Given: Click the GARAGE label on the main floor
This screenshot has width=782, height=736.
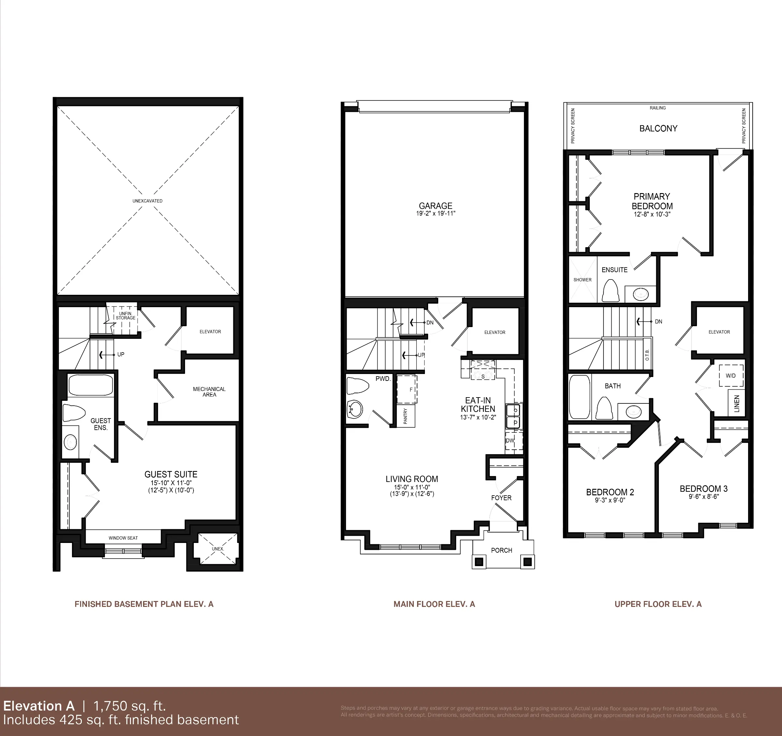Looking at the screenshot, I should [x=435, y=206].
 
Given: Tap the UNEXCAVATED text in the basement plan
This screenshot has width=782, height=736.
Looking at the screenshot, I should [x=148, y=201].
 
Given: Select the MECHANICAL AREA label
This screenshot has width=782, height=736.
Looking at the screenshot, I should [x=209, y=392].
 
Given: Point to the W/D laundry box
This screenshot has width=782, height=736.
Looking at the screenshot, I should [x=731, y=375].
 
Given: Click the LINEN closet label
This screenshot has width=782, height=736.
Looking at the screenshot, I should [x=737, y=403].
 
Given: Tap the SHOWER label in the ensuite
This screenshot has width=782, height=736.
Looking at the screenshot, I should [x=582, y=280].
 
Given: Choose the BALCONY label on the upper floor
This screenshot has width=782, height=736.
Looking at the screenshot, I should [x=658, y=128].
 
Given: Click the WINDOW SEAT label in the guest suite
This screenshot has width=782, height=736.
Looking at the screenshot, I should [x=123, y=538].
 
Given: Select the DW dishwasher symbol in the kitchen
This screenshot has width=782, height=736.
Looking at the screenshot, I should [x=510, y=441].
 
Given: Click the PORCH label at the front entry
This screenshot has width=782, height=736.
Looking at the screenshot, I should [x=501, y=550].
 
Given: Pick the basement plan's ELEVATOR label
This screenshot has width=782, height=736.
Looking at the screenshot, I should [x=210, y=331].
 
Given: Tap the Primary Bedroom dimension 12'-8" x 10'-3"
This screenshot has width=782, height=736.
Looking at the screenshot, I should [x=652, y=215].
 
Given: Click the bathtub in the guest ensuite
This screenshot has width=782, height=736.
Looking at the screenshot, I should [x=91, y=385].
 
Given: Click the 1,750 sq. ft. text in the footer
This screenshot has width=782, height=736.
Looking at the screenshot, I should [x=130, y=706].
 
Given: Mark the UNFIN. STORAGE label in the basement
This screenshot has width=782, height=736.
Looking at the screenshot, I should [x=125, y=316].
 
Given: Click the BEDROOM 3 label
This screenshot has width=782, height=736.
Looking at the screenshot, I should [x=703, y=488].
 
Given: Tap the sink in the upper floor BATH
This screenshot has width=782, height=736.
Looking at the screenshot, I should [x=634, y=412].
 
